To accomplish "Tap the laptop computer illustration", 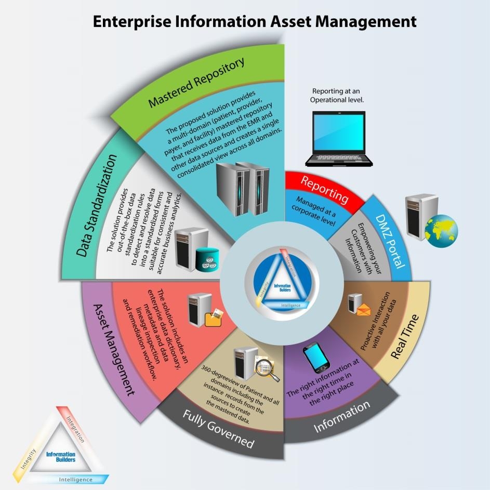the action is coord(339,138).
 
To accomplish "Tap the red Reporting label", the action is coord(324,190).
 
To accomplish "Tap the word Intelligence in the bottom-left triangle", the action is coord(76,479).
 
